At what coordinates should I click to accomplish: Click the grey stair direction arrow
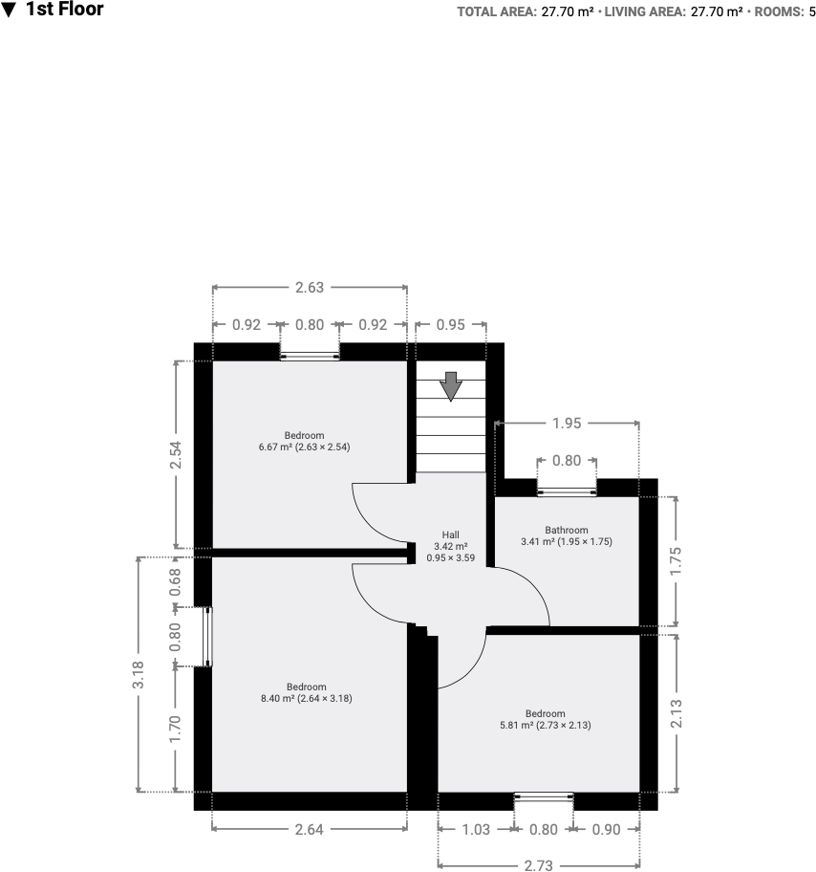point(451,386)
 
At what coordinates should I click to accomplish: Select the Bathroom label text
point(567,535)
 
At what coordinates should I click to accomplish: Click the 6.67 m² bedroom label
point(304,441)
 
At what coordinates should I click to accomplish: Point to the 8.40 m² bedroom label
point(306,692)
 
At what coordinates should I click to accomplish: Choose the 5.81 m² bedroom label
point(545,719)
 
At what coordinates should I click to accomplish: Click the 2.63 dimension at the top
point(310,286)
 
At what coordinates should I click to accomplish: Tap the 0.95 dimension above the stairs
point(451,325)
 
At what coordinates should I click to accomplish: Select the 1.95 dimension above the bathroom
point(567,423)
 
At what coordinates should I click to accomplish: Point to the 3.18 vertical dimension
point(139,675)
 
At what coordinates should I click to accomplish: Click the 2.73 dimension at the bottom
point(539,865)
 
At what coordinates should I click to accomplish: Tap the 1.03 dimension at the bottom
point(475,830)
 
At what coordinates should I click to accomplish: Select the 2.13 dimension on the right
point(676,712)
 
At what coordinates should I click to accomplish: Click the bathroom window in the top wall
point(567,491)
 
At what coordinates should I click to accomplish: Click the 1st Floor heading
point(64,11)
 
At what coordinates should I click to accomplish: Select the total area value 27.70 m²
point(567,12)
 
